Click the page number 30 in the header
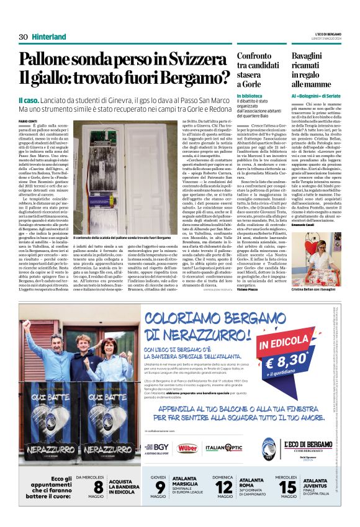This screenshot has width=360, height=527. point(24,37)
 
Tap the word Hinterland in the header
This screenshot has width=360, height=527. point(49,37)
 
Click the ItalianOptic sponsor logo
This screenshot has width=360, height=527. point(224,446)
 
